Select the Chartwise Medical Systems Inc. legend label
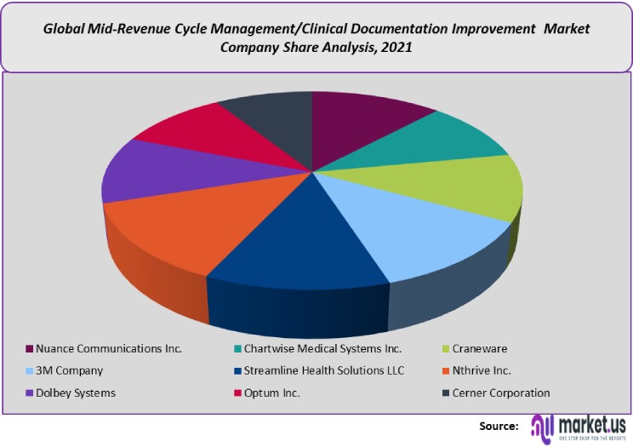pos(323,348)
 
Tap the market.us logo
pos(579,425)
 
